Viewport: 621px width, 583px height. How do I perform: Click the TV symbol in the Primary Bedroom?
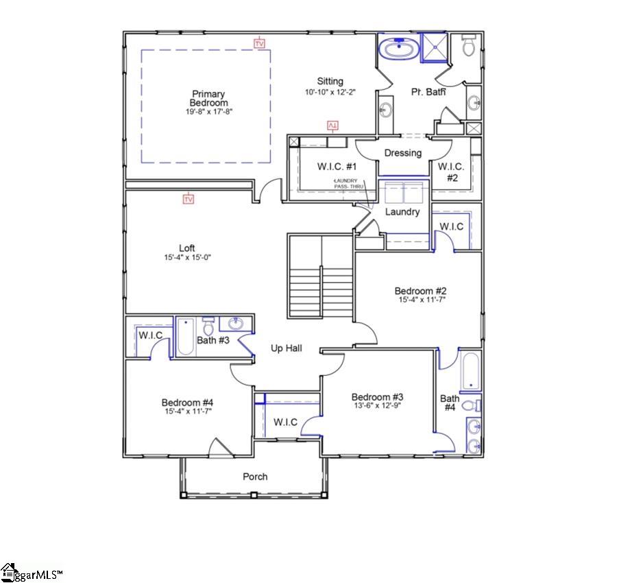tap(259, 43)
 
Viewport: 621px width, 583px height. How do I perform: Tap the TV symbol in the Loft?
tap(188, 199)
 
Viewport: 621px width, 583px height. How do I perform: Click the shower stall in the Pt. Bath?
tap(433, 48)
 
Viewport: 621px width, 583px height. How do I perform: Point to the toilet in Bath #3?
tap(208, 326)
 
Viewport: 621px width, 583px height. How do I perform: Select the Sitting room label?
tap(330, 82)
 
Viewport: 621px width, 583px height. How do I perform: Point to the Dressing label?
tap(402, 153)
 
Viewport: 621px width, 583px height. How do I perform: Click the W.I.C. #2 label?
tap(450, 171)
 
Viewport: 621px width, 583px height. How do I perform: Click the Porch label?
tap(255, 477)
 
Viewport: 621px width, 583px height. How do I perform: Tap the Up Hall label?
tap(286, 348)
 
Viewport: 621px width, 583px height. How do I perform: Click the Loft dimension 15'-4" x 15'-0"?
tap(187, 257)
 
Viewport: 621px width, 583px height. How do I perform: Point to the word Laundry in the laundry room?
tap(402, 212)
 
